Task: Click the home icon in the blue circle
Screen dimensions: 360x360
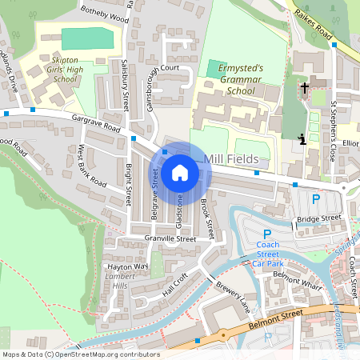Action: (x=179, y=172)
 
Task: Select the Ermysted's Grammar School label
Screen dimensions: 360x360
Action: (x=240, y=80)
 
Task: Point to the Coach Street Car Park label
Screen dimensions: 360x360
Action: (x=269, y=254)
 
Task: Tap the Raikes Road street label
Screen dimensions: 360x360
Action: (x=314, y=23)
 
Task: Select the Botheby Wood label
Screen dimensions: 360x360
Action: (x=105, y=17)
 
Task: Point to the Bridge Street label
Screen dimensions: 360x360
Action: (x=318, y=218)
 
